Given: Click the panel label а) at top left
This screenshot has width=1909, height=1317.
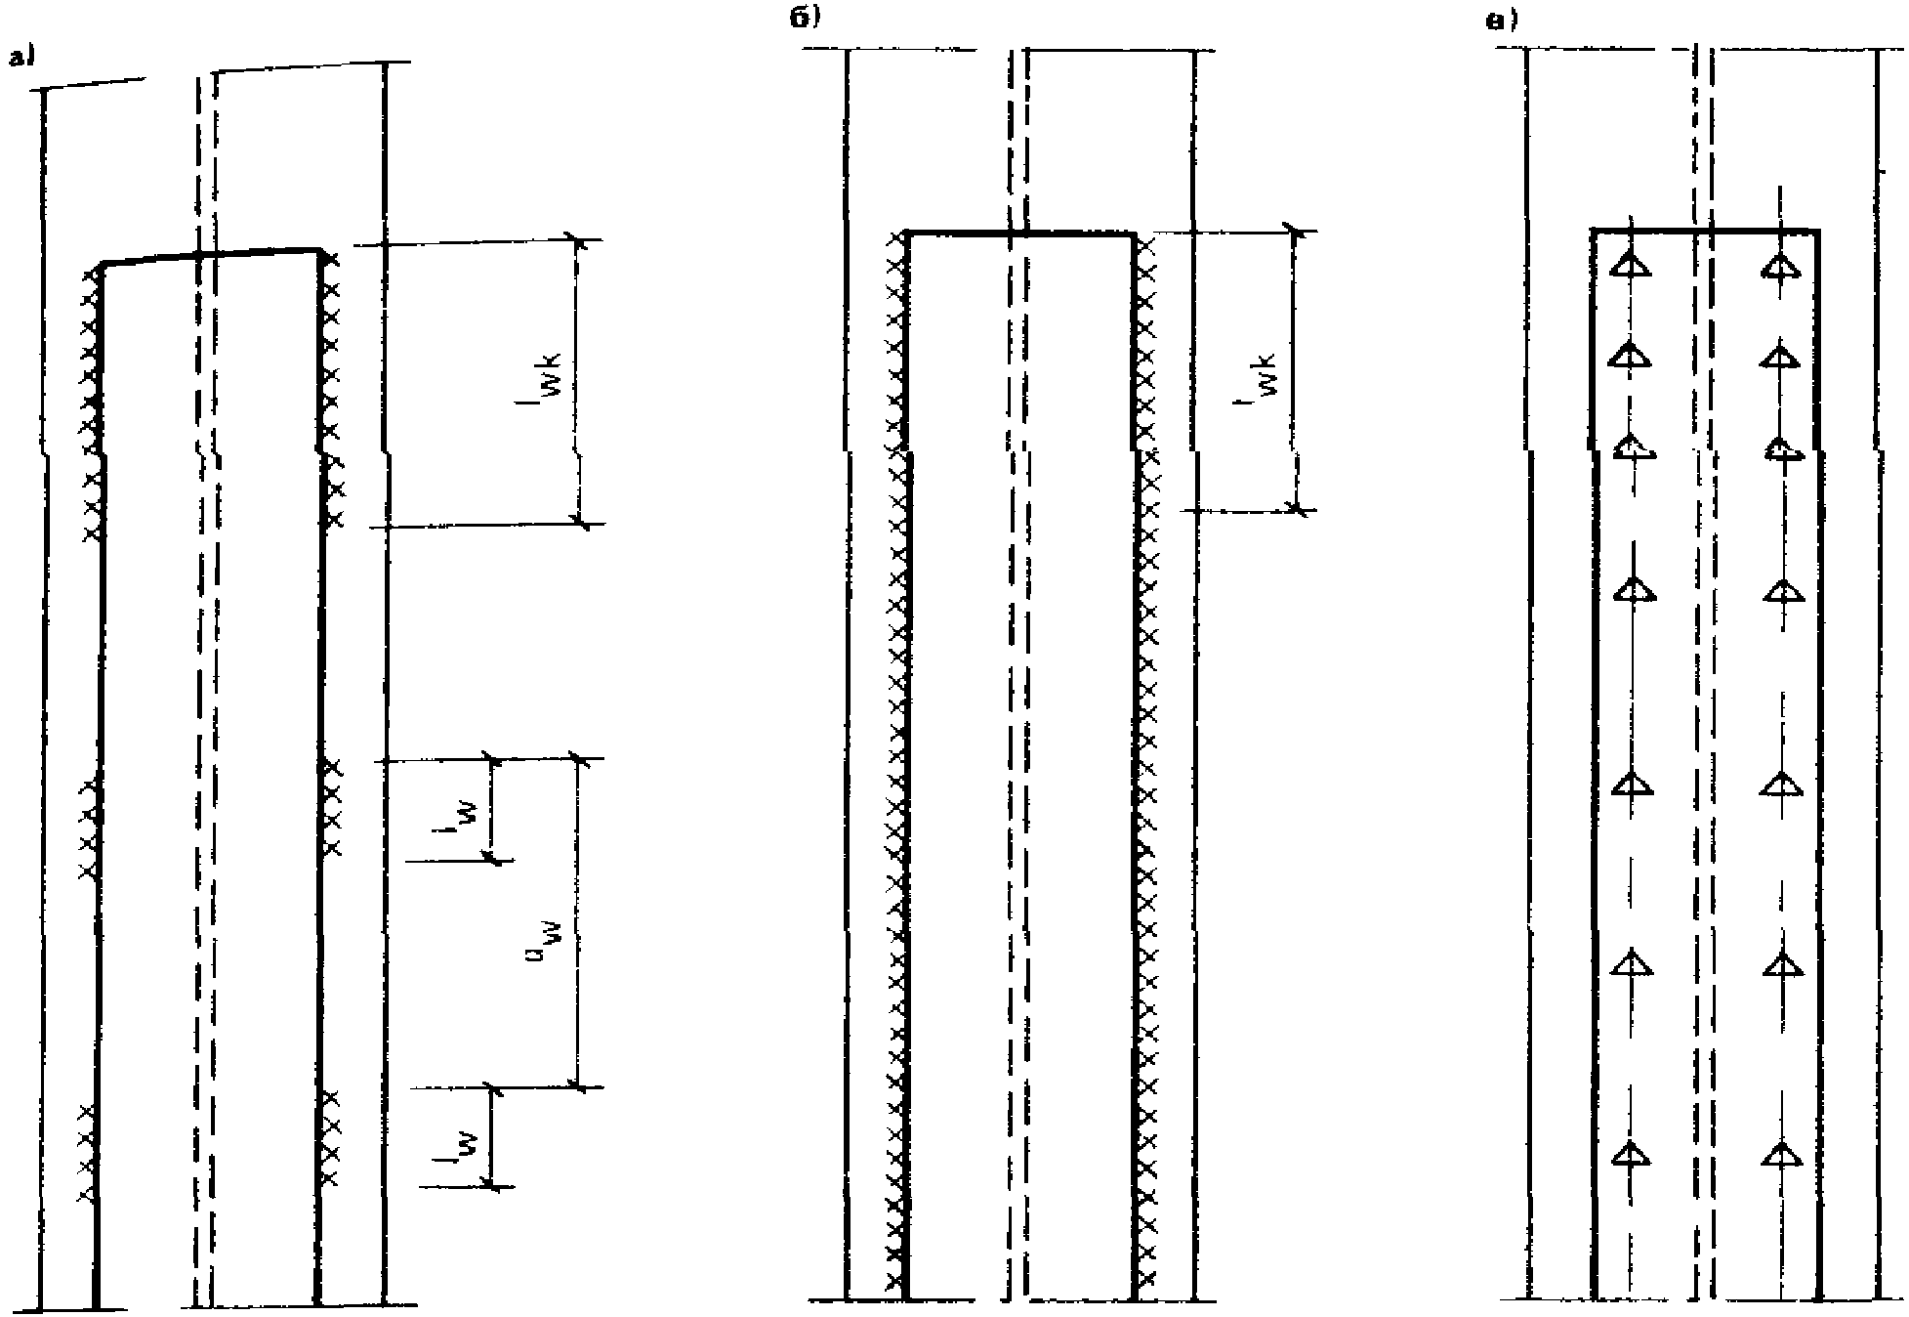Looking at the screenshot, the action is pos(21,60).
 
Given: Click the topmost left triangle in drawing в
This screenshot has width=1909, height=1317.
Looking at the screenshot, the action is pos(1629,266).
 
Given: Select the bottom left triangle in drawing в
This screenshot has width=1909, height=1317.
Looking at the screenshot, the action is pos(1629,1156).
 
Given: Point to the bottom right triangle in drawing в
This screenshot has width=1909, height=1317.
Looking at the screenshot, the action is pos(1782,1156).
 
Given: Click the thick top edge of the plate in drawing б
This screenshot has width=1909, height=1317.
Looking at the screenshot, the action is pos(1020,234).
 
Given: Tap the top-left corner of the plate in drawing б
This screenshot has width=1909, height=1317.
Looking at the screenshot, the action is pos(908,234).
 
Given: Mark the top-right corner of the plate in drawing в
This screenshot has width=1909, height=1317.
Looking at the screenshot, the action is pos(1817,231).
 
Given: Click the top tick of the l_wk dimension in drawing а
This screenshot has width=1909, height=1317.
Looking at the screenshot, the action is pos(576,238).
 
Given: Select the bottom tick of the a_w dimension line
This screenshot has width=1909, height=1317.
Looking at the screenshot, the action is pos(577,1086).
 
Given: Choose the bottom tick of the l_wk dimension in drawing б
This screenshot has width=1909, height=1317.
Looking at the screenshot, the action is pos(1297,508).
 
